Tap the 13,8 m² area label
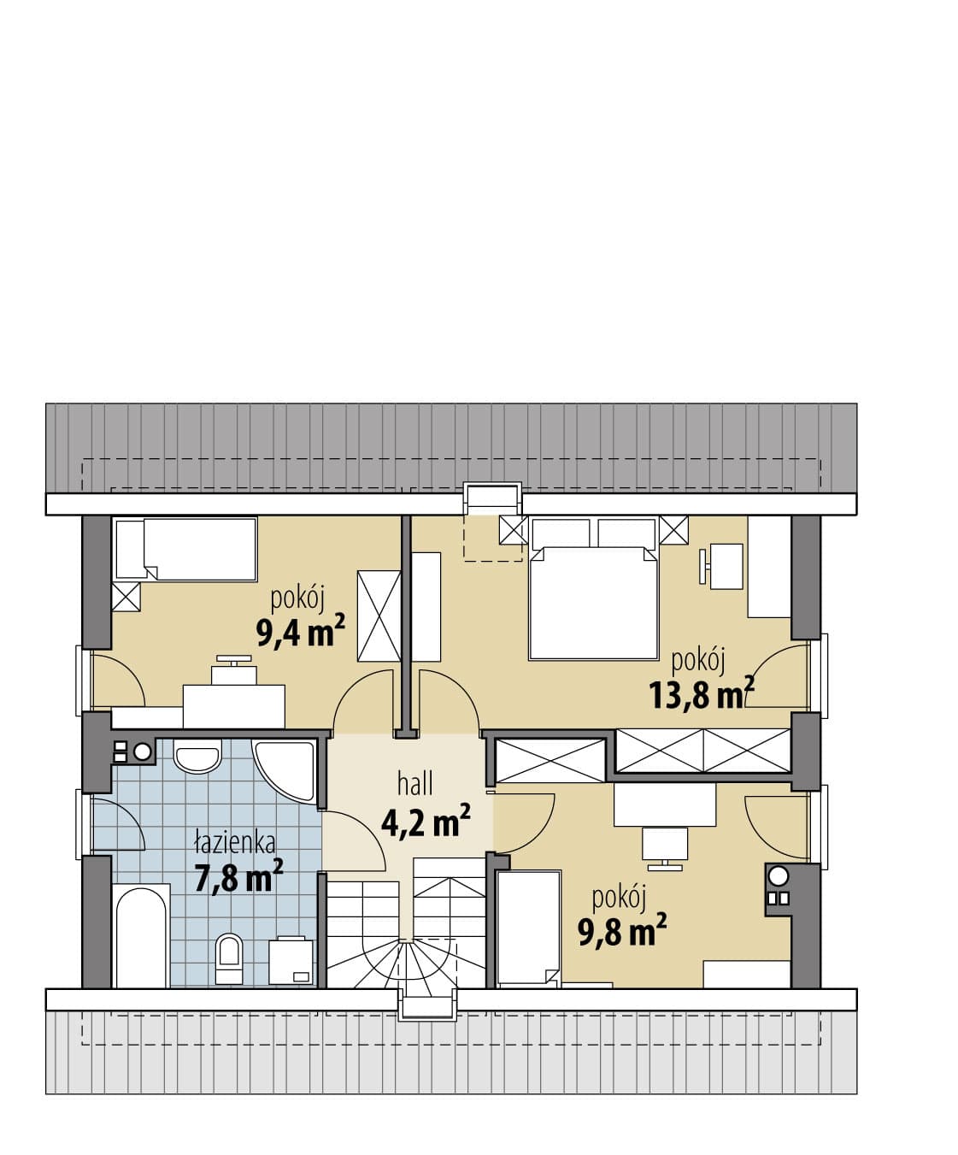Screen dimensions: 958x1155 tap(702, 693)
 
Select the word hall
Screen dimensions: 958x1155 tap(415, 785)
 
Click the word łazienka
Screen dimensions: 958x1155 tap(235, 844)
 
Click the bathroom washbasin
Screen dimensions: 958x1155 tap(197, 756)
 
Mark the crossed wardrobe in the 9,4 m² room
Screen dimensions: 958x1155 tap(379, 616)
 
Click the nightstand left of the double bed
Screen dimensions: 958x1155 tap(514, 531)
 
